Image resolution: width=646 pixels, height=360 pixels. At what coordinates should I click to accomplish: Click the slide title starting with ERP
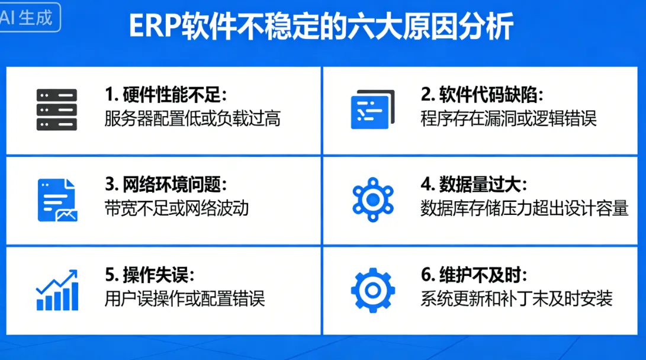point(320,27)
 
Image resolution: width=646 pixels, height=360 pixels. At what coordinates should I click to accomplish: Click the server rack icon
point(57,110)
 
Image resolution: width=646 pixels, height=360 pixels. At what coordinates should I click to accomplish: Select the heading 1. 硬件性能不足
point(166,95)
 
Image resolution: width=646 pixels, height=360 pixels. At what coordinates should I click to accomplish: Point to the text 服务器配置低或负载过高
point(192,118)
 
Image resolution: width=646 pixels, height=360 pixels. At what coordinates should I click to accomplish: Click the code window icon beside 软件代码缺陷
point(372,110)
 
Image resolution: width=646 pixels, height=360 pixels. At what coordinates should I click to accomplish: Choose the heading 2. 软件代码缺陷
point(481,95)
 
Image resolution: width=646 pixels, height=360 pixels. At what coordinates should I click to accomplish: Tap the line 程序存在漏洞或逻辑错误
point(508,118)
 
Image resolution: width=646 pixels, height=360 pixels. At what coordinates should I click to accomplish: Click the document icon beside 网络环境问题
point(57,200)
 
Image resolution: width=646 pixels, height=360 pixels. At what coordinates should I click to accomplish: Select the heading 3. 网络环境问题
point(166,185)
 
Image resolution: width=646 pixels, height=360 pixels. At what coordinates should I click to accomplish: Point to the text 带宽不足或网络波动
point(176,208)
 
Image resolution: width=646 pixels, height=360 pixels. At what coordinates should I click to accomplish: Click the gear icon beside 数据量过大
point(372,200)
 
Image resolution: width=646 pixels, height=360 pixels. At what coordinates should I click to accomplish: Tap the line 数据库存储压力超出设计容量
point(524,208)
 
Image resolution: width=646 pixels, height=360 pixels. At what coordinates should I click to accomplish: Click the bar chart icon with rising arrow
point(57,290)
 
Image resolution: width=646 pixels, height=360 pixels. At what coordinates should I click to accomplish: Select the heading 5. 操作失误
point(150,275)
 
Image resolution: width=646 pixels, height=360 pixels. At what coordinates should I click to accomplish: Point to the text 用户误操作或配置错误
point(184,298)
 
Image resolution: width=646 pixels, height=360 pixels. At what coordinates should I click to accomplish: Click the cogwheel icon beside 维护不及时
point(372,290)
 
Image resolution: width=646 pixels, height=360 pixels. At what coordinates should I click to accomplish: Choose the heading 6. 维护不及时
point(474,275)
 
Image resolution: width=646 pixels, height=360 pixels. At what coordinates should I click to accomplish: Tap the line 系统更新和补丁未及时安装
point(516,298)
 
